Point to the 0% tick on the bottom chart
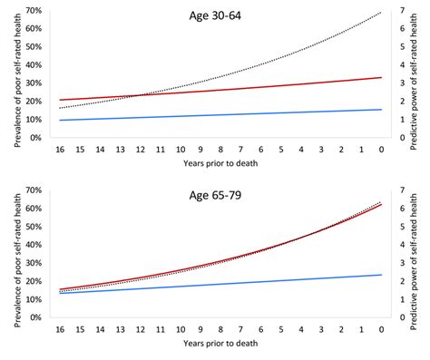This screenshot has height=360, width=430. click(37, 317)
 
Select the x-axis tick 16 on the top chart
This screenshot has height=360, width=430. click(60, 148)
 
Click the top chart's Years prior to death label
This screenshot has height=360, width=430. click(220, 166)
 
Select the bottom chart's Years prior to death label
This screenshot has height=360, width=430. click(220, 345)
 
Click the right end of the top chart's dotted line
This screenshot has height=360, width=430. click(381, 13)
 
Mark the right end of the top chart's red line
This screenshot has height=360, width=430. click(381, 78)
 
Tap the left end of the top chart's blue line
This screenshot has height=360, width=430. click(60, 120)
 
